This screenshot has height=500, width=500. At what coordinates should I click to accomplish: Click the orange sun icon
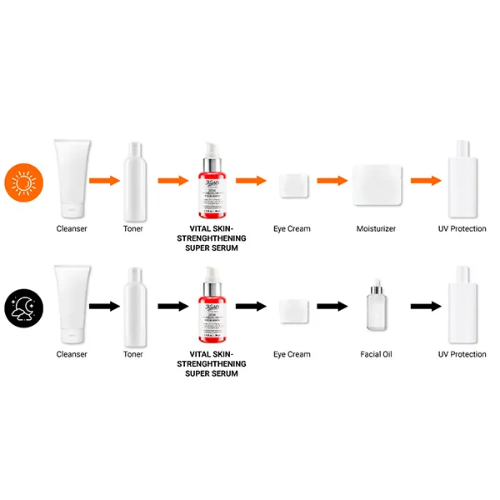point(22,182)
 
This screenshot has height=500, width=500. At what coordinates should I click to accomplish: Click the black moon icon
point(22,307)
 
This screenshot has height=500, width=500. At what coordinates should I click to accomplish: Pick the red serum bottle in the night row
point(212,303)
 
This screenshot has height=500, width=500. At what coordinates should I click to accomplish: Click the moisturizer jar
point(377,183)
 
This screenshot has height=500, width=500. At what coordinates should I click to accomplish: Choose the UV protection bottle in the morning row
point(462,177)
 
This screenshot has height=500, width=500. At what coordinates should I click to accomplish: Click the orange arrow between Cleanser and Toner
point(104,180)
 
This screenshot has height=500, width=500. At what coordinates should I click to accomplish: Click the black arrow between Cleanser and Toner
point(104,306)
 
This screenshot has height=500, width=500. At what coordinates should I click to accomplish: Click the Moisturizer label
point(376,228)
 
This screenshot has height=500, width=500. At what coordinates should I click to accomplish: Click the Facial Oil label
point(376,354)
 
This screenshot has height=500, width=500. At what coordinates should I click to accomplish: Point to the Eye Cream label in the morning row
point(292,228)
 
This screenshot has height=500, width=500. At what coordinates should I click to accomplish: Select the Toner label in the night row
point(133,354)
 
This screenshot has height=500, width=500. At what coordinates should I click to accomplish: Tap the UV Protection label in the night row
point(462,354)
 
